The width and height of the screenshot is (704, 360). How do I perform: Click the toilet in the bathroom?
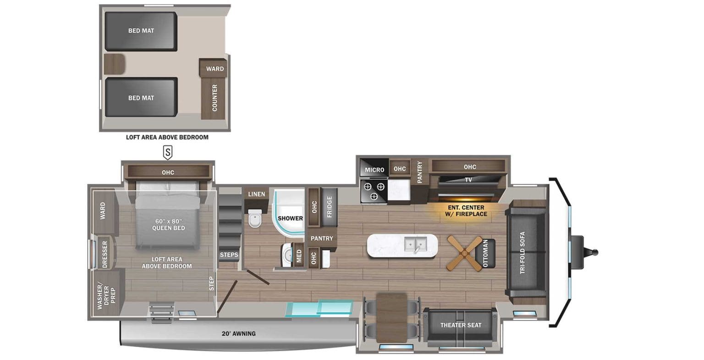pos(254,219)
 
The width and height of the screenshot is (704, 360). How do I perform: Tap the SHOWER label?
pos(290,218)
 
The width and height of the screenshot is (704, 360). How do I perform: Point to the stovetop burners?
pos(374,191)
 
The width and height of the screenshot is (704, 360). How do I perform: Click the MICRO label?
pos(374,170)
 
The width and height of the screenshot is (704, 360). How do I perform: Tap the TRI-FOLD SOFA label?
pos(522,253)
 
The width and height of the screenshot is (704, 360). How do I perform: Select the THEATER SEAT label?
pos(461,325)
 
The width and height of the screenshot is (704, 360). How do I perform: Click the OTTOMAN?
pos(486,253)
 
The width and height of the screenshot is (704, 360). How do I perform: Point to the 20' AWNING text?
pos(237,333)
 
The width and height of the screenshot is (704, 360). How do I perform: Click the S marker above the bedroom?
pos(168,152)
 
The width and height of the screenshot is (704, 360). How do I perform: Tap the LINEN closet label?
pos(256,194)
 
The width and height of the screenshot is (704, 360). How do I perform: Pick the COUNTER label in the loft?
pos(214,98)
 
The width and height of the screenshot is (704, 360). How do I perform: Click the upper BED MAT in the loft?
pos(141,31)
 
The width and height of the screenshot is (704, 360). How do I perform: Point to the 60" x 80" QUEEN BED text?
pos(167,224)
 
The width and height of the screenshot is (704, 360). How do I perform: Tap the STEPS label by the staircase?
pos(229,255)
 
